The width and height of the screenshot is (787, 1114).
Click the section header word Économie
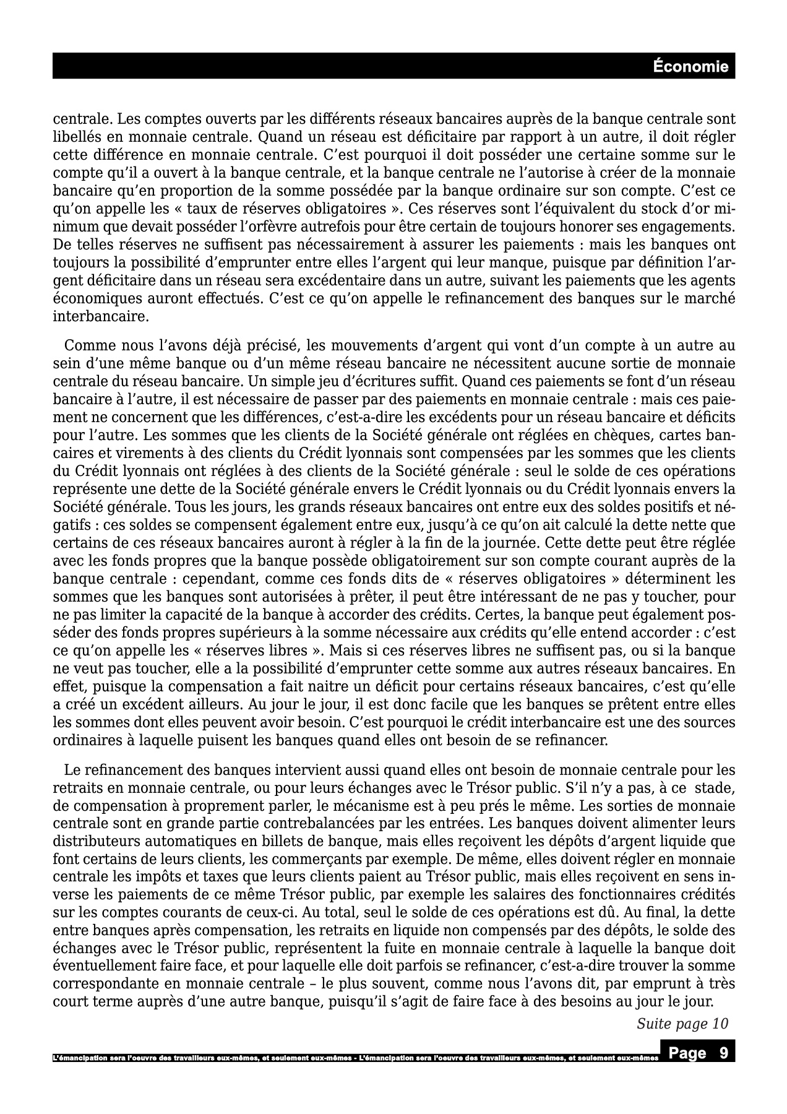point(691,66)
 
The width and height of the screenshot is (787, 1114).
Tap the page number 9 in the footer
point(723,1053)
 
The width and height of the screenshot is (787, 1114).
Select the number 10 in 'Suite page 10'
point(720,1024)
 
